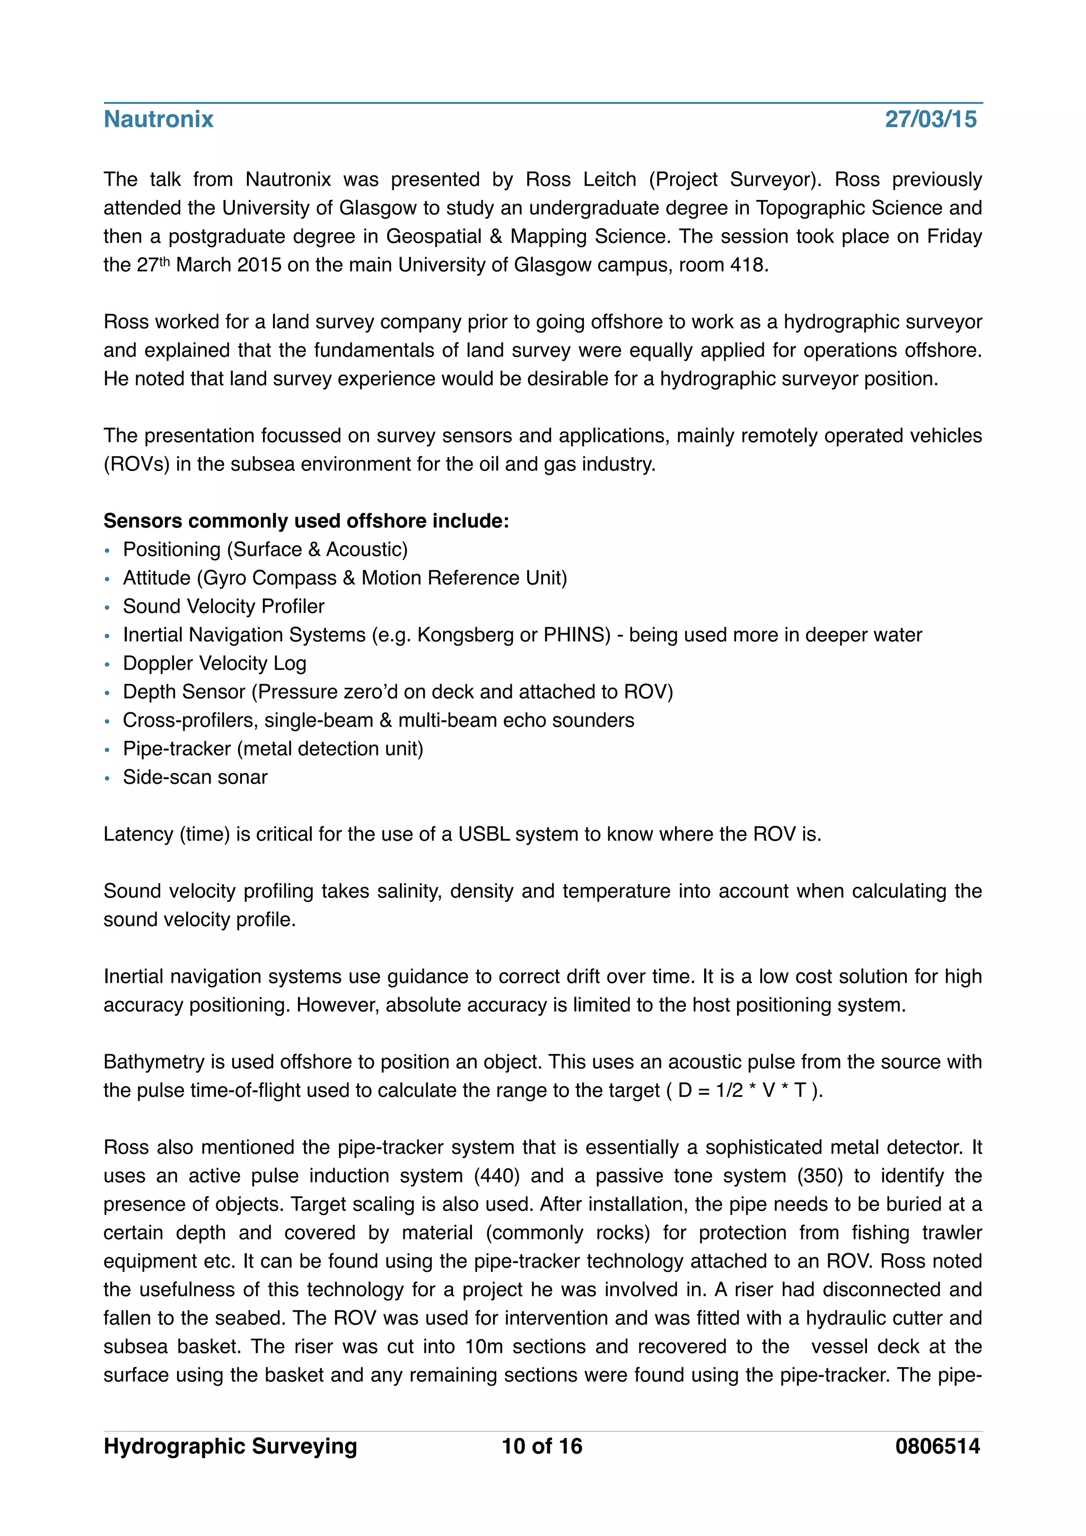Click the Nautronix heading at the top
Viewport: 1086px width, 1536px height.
(159, 119)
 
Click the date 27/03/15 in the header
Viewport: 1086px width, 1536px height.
(930, 119)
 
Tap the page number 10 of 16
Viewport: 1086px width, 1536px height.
(541, 1446)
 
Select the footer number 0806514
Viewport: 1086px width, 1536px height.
(937, 1446)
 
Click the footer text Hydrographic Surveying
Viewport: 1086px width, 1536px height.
(230, 1446)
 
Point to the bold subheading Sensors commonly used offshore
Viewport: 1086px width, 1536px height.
(305, 520)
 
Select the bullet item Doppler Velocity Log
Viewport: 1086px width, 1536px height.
(214, 663)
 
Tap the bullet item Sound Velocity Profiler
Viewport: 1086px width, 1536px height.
(223, 606)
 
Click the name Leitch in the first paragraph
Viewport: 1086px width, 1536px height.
(609, 179)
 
